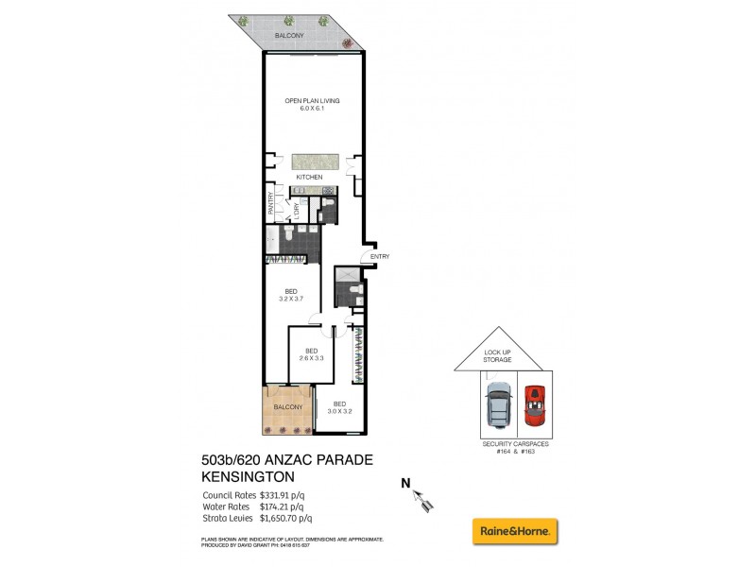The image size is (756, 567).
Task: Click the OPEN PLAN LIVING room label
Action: click(313, 100)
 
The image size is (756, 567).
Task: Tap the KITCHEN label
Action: click(309, 177)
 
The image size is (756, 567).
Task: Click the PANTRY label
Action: click(269, 204)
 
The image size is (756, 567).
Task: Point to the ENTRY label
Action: click(380, 256)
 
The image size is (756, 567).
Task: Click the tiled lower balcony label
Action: click(288, 406)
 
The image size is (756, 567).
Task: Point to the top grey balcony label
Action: click(289, 35)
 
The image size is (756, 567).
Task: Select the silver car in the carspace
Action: click(495, 406)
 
